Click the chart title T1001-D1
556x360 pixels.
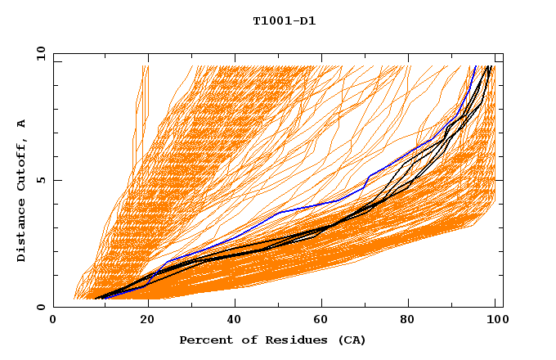pyautogui.click(x=284, y=21)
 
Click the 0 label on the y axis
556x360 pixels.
pyautogui.click(x=41, y=307)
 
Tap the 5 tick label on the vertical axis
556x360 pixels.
pyautogui.click(x=41, y=180)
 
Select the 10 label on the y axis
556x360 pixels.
pyautogui.click(x=38, y=53)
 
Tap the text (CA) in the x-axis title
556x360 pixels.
pyautogui.click(x=352, y=340)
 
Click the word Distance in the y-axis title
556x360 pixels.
pyautogui.click(x=22, y=232)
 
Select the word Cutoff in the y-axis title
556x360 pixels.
pyautogui.click(x=22, y=164)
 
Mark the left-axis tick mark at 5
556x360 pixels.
pyautogui.click(x=56, y=180)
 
